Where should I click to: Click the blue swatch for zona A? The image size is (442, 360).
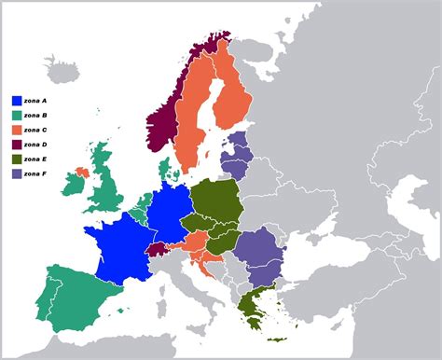click(x=17, y=100)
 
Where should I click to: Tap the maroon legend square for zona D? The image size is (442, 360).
click(x=17, y=145)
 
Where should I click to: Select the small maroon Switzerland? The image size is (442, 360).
click(x=159, y=250)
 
